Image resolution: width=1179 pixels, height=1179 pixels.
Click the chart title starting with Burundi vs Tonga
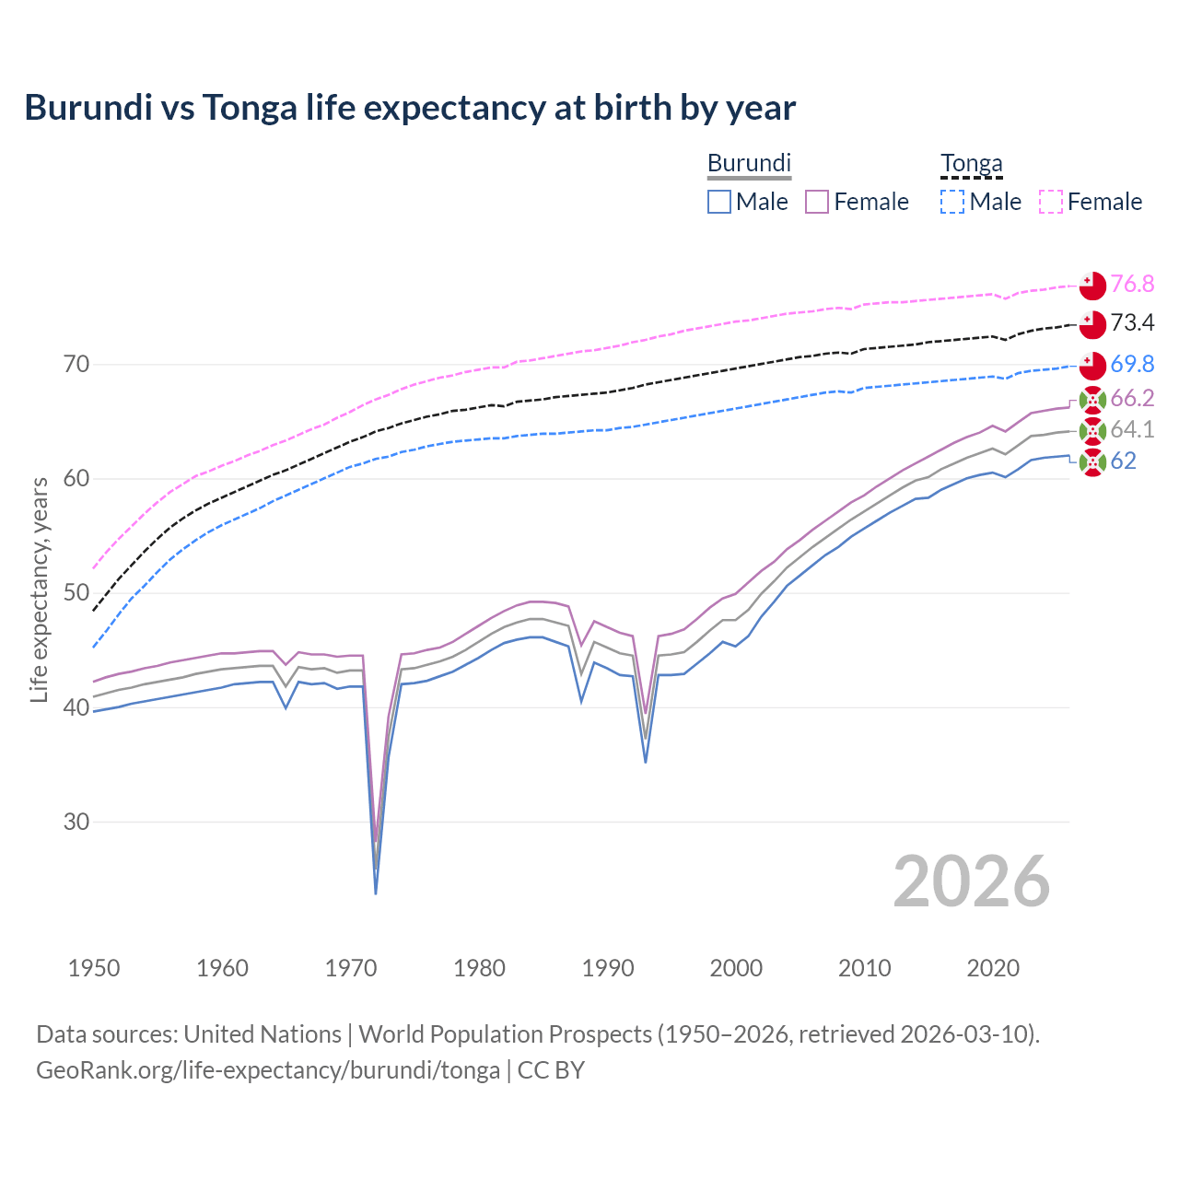tap(410, 108)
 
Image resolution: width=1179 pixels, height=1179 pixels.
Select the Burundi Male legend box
tap(719, 202)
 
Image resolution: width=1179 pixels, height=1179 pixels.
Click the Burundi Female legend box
tap(817, 202)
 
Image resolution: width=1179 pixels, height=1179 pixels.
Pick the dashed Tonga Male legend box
tap(952, 202)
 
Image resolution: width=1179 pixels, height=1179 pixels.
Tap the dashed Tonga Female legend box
tap(1051, 202)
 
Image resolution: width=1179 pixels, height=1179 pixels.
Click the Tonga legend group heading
tap(971, 163)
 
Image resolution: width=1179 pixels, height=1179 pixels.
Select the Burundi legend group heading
tap(749, 163)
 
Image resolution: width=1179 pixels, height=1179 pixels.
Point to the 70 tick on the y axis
tap(76, 365)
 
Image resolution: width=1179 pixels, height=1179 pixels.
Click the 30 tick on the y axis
tap(76, 822)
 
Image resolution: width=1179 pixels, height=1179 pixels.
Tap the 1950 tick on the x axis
tap(94, 968)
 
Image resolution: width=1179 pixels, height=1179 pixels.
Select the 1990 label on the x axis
tap(608, 968)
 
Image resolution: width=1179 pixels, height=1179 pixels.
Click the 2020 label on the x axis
tap(993, 968)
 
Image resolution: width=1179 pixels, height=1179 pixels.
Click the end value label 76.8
tap(1132, 284)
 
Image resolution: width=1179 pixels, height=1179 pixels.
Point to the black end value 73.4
tap(1132, 322)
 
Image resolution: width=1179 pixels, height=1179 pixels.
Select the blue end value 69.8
tap(1132, 364)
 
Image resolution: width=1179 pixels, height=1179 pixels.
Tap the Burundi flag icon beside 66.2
tap(1092, 400)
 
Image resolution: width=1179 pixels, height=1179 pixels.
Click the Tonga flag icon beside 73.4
tap(1092, 324)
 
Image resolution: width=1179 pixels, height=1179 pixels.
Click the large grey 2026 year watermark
tap(972, 882)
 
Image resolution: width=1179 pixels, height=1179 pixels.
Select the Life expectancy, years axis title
tap(39, 589)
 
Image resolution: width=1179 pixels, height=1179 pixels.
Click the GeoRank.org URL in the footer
tap(268, 1070)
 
